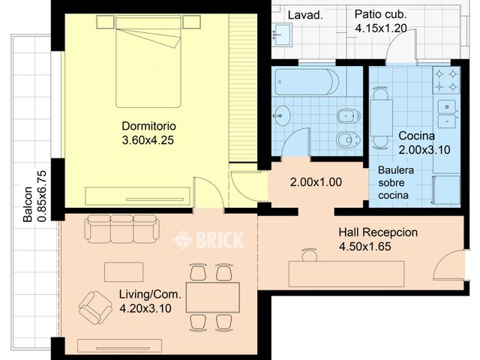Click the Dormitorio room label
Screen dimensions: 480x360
pyautogui.click(x=148, y=126)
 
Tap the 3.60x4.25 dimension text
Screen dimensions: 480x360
pyautogui.click(x=148, y=140)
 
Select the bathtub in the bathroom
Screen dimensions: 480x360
pyautogui.click(x=307, y=82)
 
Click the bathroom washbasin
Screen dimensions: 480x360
pyautogui.click(x=281, y=115)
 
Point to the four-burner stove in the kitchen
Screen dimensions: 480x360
pyautogui.click(x=446, y=80)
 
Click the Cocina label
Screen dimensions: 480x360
pyautogui.click(x=417, y=136)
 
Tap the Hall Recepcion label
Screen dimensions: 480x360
pyautogui.click(x=378, y=232)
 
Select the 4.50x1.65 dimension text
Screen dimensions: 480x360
pyautogui.click(x=365, y=247)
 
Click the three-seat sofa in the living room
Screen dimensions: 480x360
pyautogui.click(x=121, y=229)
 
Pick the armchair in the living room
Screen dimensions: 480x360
pyautogui.click(x=95, y=307)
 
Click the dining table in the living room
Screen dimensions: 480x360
pyautogui.click(x=213, y=297)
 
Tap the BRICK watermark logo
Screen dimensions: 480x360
pyautogui.click(x=209, y=240)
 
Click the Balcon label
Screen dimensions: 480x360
pyautogui.click(x=28, y=204)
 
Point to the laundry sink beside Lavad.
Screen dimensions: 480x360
pyautogui.click(x=282, y=35)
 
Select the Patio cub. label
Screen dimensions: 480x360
pyautogui.click(x=380, y=14)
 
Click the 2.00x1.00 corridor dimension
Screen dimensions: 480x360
pyautogui.click(x=316, y=182)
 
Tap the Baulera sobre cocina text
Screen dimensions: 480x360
pyautogui.click(x=396, y=183)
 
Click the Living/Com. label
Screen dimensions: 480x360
pyautogui.click(x=150, y=294)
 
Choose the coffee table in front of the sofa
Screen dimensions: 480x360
pyautogui.click(x=124, y=271)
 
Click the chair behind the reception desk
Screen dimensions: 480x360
pyautogui.click(x=309, y=254)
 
